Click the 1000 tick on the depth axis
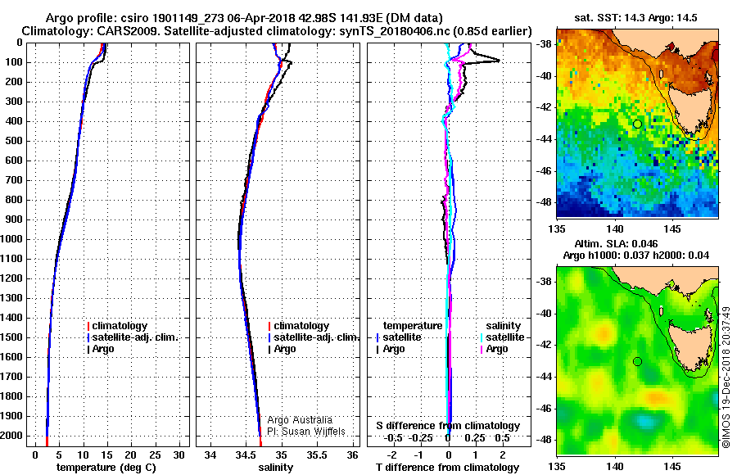(11, 239)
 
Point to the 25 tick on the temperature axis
(155, 455)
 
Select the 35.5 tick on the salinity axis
(317, 455)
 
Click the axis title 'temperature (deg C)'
(106, 468)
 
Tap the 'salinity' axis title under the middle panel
(276, 468)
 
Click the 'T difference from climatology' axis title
(447, 468)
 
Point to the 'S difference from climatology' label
(448, 426)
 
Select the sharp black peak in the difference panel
(500, 61)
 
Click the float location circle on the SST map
(637, 124)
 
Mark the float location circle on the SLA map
(637, 362)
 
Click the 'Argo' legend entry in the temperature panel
(101, 349)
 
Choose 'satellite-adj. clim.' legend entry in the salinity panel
(314, 337)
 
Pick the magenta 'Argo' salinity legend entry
(494, 349)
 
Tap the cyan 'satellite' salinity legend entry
(502, 337)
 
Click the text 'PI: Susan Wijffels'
(306, 432)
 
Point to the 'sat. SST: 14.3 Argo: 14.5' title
(636, 18)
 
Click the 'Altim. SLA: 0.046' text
(616, 243)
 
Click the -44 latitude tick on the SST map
(545, 139)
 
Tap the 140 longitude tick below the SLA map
(615, 467)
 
